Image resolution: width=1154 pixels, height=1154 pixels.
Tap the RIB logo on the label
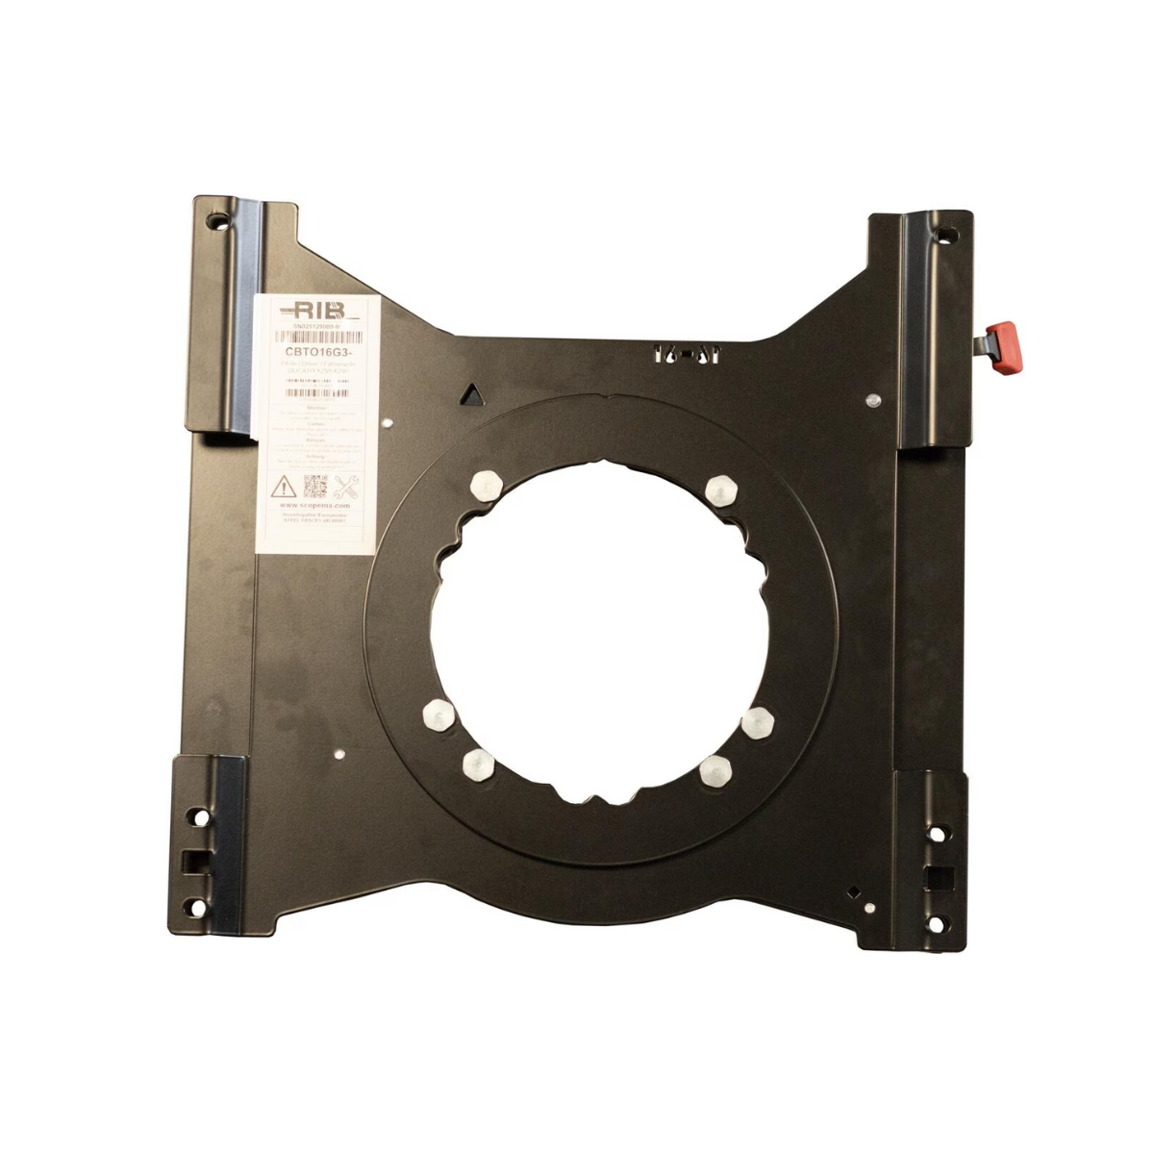[314, 310]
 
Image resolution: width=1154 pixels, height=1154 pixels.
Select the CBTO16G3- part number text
[317, 351]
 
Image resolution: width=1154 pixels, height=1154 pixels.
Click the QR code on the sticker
[317, 484]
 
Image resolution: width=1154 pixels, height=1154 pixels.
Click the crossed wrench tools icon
[348, 484]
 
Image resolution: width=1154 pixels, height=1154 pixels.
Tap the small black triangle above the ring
[471, 393]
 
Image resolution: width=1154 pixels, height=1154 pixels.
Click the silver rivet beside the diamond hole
[868, 907]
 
